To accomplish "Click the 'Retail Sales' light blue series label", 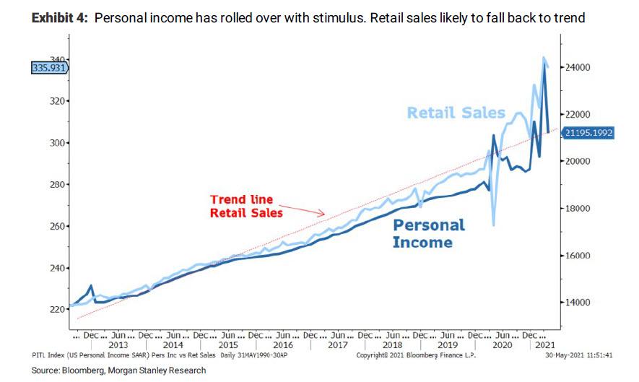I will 455,113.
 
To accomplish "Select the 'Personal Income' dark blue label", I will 429,233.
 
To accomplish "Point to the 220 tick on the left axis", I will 56,310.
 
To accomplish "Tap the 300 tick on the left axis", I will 56,143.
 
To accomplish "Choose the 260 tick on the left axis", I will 56,227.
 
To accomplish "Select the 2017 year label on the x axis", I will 339,345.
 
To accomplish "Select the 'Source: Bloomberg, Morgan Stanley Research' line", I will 118,370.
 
